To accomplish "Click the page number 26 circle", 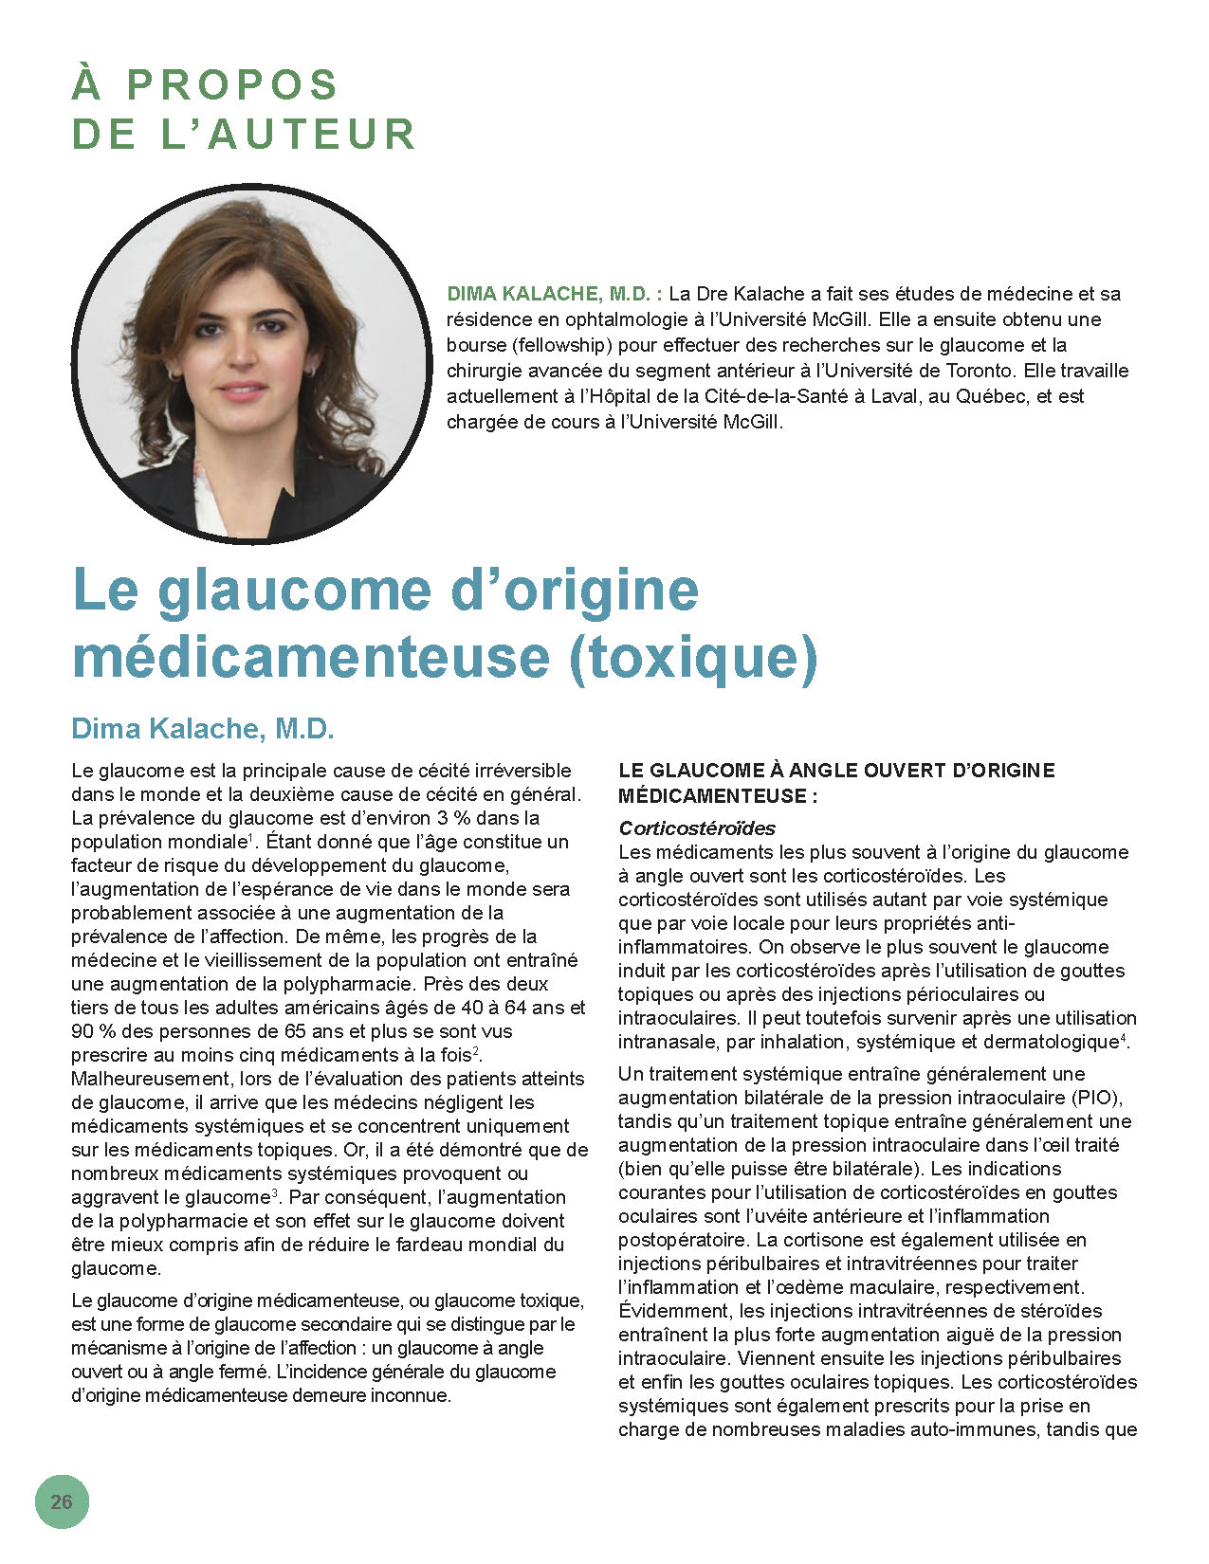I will coord(62,1501).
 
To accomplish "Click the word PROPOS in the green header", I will coord(232,85).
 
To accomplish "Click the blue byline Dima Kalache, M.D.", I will coord(203,729).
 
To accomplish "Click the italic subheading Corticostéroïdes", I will coord(697,828).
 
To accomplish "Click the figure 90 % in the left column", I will coord(92,1031).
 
